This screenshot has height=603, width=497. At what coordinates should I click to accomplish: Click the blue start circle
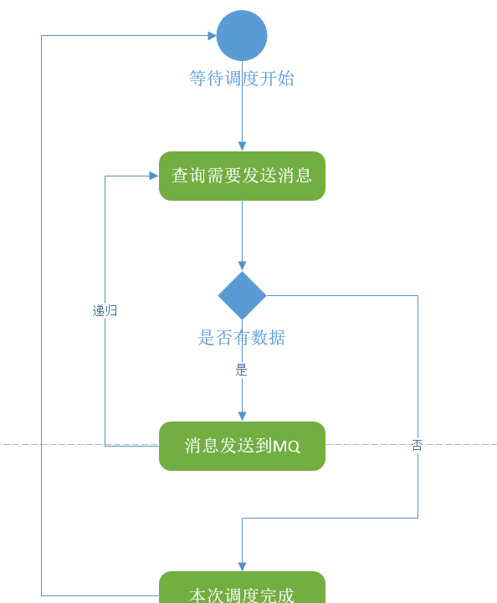(x=242, y=36)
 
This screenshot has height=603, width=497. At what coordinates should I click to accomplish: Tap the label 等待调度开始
(x=242, y=79)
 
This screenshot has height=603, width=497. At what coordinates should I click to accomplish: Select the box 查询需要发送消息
(x=242, y=176)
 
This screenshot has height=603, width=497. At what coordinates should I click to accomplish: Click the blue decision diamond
(x=242, y=295)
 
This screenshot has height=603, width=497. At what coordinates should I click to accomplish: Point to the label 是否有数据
(x=242, y=338)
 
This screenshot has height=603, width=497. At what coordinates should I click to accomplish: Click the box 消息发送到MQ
(x=242, y=446)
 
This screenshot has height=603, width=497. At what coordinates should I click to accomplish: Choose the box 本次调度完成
(x=242, y=589)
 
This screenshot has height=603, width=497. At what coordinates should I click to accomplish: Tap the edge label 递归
(x=105, y=311)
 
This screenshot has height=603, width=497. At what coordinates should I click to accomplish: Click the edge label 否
(x=418, y=445)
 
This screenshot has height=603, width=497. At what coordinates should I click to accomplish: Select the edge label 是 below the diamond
(x=241, y=370)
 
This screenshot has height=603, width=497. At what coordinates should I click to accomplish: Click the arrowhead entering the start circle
(x=212, y=36)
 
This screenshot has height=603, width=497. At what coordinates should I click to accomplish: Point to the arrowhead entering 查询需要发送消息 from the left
(x=154, y=176)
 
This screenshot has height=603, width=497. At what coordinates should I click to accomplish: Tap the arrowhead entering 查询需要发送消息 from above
(x=242, y=146)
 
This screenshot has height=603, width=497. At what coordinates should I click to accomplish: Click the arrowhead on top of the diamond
(x=242, y=266)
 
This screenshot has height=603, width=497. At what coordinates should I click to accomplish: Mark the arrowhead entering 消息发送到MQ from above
(x=242, y=416)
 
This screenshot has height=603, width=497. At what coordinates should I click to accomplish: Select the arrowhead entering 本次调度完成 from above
(x=242, y=566)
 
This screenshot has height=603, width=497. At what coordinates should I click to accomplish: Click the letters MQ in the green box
(x=286, y=447)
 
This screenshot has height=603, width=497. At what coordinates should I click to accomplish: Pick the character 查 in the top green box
(x=180, y=176)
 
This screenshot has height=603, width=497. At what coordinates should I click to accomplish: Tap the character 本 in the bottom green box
(x=197, y=595)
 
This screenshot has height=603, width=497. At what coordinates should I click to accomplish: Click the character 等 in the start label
(x=197, y=79)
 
